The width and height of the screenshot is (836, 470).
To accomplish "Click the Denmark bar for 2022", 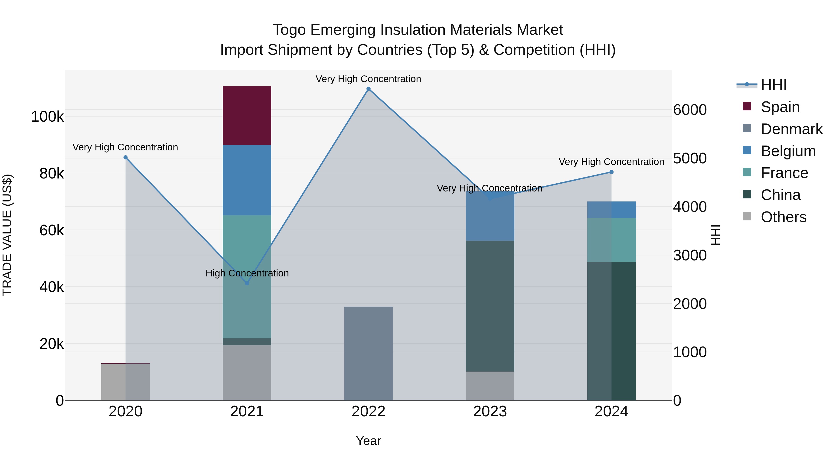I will click(368, 353).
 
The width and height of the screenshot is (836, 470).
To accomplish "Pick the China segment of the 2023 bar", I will click(490, 306).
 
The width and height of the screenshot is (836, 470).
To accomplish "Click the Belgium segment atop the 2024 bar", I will click(611, 210).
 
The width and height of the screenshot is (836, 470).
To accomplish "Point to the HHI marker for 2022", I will click(368, 89).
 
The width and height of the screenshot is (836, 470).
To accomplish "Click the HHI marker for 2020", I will click(126, 157).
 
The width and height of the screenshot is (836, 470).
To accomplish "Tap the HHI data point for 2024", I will click(611, 172).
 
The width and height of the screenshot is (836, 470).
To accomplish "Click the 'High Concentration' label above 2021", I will click(247, 273).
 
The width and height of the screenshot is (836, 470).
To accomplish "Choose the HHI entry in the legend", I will click(773, 85).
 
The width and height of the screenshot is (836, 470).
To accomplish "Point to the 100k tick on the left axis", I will click(47, 117).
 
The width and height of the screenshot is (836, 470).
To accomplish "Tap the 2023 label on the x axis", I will click(490, 412).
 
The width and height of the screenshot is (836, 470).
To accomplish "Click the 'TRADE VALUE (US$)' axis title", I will click(7, 235).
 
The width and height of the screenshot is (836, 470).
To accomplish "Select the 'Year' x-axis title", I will click(368, 441).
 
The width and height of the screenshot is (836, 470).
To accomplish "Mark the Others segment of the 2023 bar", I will click(490, 386).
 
